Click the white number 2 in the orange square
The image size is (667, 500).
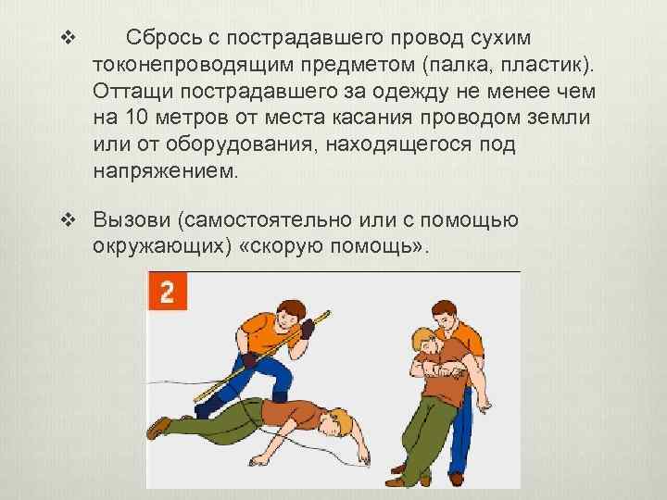click(167, 293)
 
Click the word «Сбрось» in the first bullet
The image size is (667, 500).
click(164, 37)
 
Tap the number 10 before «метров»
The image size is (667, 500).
click(135, 117)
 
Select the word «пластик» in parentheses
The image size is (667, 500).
click(541, 65)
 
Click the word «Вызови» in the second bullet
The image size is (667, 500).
click(132, 219)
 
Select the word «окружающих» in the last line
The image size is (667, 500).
click(157, 246)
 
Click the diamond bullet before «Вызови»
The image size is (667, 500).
click(68, 219)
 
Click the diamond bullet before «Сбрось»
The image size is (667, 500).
click(68, 38)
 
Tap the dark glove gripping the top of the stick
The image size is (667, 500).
click(308, 329)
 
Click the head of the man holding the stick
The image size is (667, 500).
click(290, 315)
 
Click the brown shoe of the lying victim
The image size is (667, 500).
click(157, 427)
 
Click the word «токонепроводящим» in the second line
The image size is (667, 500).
click(193, 65)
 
